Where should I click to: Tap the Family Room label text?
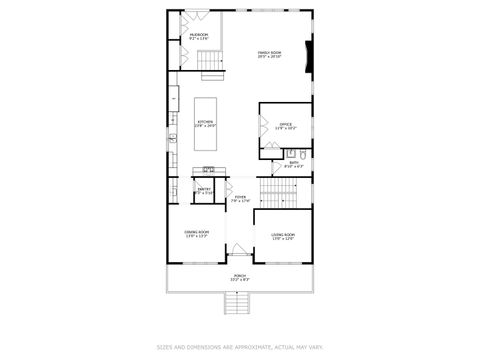[269, 54]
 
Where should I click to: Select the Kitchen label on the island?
[205, 124]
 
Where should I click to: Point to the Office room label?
[286, 126]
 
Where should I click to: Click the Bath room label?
[293, 164]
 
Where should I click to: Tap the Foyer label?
[240, 199]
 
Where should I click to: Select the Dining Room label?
[196, 234]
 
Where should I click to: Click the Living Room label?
[283, 236]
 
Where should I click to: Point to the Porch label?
[240, 277]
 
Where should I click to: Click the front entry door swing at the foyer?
[240, 249]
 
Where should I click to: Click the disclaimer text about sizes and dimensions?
[240, 348]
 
